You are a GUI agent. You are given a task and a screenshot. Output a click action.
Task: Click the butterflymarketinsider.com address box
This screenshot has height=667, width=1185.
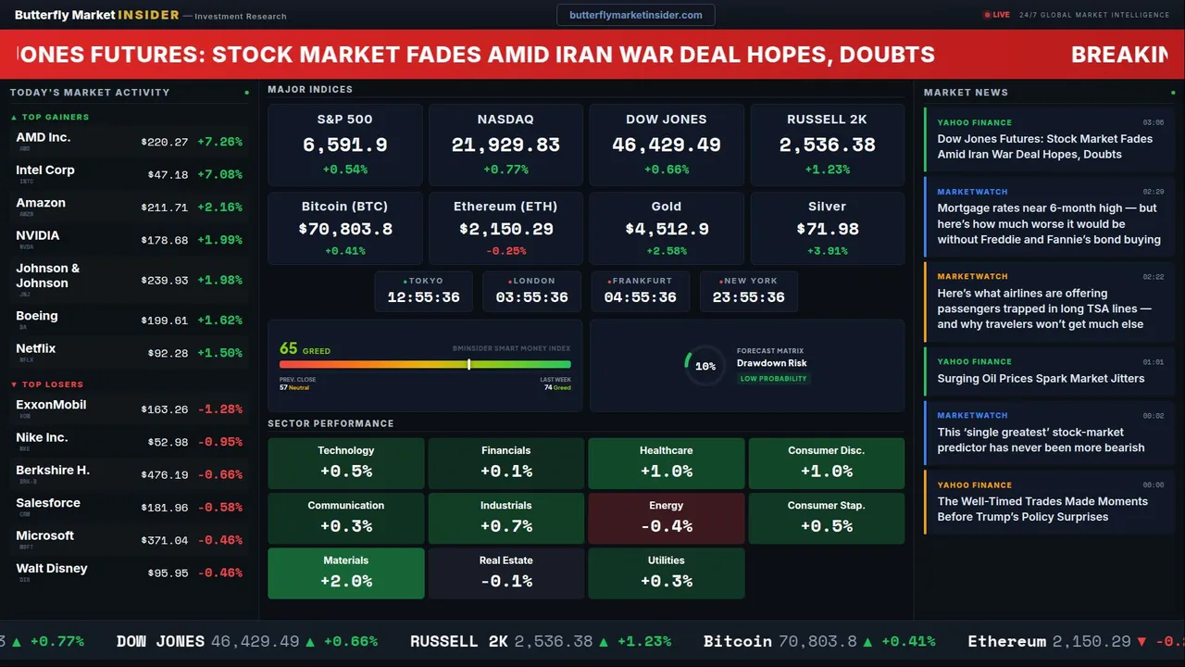pyautogui.click(x=635, y=15)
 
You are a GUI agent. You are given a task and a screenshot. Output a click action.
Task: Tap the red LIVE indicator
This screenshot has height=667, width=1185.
pyautogui.click(x=997, y=15)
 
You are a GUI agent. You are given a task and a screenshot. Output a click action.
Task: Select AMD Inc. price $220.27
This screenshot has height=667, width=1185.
pyautogui.click(x=165, y=143)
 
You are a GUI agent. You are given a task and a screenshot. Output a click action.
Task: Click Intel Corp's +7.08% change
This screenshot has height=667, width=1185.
pyautogui.click(x=219, y=175)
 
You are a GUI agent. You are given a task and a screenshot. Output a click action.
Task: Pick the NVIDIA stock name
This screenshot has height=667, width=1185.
pyautogui.click(x=38, y=235)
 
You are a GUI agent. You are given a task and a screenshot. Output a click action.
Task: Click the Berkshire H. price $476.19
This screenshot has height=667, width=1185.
pyautogui.click(x=165, y=475)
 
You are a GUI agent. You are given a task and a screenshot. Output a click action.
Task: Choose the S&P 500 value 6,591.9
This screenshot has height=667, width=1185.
pyautogui.click(x=344, y=145)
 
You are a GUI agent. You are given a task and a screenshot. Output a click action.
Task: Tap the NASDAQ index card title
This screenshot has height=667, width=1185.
pyautogui.click(x=505, y=120)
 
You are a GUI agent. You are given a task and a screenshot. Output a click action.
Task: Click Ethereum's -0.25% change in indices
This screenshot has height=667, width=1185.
pyautogui.click(x=505, y=251)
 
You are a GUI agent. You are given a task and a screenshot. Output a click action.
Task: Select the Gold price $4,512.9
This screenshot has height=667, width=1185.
pyautogui.click(x=667, y=229)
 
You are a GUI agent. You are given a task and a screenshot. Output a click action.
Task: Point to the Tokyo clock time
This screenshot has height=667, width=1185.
pyautogui.click(x=423, y=297)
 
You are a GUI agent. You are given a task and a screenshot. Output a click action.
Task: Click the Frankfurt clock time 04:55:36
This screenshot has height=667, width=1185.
pyautogui.click(x=640, y=297)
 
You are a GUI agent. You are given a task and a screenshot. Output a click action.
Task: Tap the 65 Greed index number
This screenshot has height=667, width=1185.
pyautogui.click(x=289, y=348)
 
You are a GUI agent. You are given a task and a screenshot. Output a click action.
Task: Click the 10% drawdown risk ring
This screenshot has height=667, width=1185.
pyautogui.click(x=705, y=366)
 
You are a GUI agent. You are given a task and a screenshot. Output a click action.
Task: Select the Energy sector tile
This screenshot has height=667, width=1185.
pyautogui.click(x=667, y=518)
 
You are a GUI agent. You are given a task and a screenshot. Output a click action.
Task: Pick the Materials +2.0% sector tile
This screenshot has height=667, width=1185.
pyautogui.click(x=346, y=573)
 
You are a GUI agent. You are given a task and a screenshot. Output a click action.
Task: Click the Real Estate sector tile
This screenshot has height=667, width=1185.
pyautogui.click(x=505, y=573)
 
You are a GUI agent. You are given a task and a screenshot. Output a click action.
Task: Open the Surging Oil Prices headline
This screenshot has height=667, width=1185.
pyautogui.click(x=1041, y=378)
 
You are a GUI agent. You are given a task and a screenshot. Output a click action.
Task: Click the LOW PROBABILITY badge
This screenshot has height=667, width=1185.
pyautogui.click(x=773, y=379)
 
